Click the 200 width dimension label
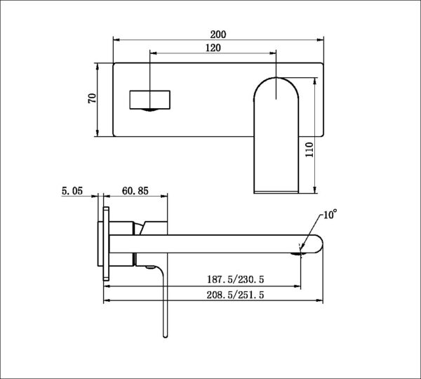tap(218, 34)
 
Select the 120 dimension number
tap(213, 48)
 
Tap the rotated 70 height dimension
tap(92, 98)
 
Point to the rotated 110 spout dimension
tap(309, 149)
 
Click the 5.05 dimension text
tap(72, 191)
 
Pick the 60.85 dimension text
tap(135, 191)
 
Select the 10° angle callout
tap(330, 214)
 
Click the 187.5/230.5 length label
tap(236, 279)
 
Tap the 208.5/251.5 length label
tap(235, 295)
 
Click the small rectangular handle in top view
tap(150, 100)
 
